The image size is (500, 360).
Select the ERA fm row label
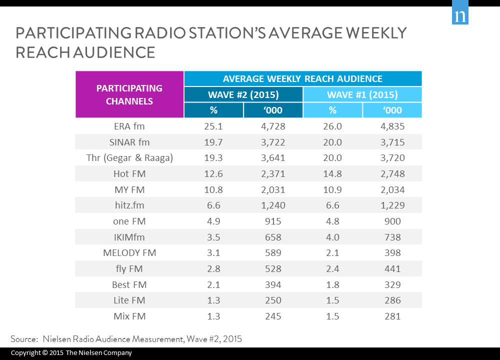pyautogui.click(x=129, y=126)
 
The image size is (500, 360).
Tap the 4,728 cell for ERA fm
pyautogui.click(x=273, y=126)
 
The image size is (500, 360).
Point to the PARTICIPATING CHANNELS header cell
pyautogui.click(x=129, y=94)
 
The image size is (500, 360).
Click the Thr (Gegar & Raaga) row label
pyautogui.click(x=129, y=158)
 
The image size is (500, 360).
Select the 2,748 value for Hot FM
pyautogui.click(x=392, y=174)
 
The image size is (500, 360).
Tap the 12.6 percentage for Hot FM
pyautogui.click(x=214, y=174)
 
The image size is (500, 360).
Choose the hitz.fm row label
pyautogui.click(x=129, y=205)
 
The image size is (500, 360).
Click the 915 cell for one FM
pyautogui.click(x=273, y=221)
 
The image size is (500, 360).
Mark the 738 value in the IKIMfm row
pyautogui.click(x=392, y=237)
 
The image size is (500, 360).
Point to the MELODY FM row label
pyautogui.click(x=129, y=253)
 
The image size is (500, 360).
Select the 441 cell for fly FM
pyautogui.click(x=392, y=269)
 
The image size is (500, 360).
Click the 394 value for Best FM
pyautogui.click(x=273, y=285)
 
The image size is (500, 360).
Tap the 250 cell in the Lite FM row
pyautogui.click(x=273, y=300)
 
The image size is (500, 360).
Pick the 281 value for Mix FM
pyautogui.click(x=392, y=316)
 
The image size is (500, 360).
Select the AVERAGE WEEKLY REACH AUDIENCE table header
pyautogui.click(x=302, y=79)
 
